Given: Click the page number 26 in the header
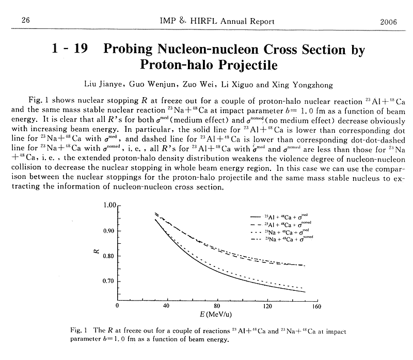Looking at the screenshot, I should tap(24, 21).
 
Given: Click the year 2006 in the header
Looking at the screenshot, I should tap(388, 21).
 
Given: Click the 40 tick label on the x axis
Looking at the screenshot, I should tap(166, 306).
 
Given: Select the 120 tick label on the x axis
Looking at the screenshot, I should tap(266, 306).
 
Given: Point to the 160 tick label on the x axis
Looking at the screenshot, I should tap(316, 306).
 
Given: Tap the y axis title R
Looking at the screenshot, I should tap(98, 253).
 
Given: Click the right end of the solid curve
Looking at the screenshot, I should tap(305, 292).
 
